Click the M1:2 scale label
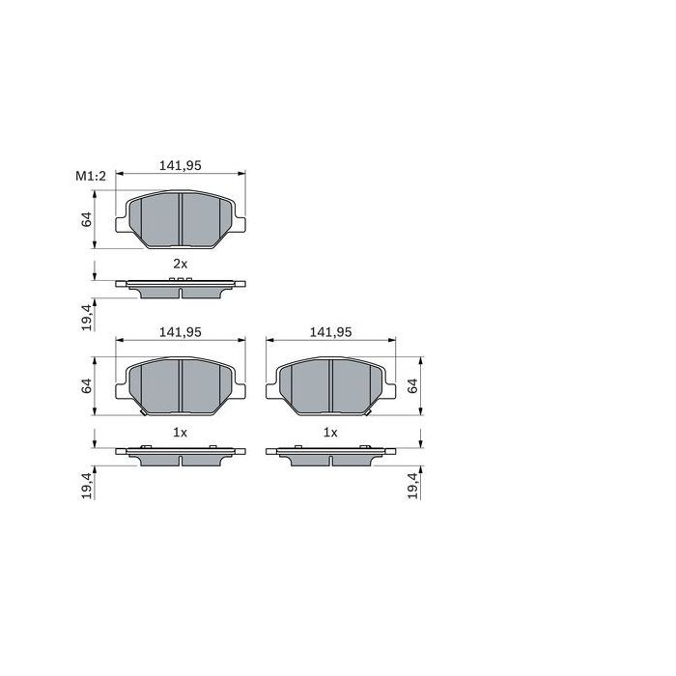coord(89,176)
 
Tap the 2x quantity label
coord(180,264)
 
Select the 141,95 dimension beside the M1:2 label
coord(180,165)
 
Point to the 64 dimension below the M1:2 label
coord(87,219)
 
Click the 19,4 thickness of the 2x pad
coord(87,317)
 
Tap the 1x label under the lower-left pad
coord(180,432)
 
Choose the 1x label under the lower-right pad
coord(330,432)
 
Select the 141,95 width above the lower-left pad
coord(180,331)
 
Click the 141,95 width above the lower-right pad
coord(330,331)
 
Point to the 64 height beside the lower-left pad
coord(87,385)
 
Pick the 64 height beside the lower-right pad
coord(413,385)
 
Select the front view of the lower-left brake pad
coord(181,385)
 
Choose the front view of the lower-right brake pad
coord(330,385)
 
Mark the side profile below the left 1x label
coord(181,454)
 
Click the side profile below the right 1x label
coord(330,454)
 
